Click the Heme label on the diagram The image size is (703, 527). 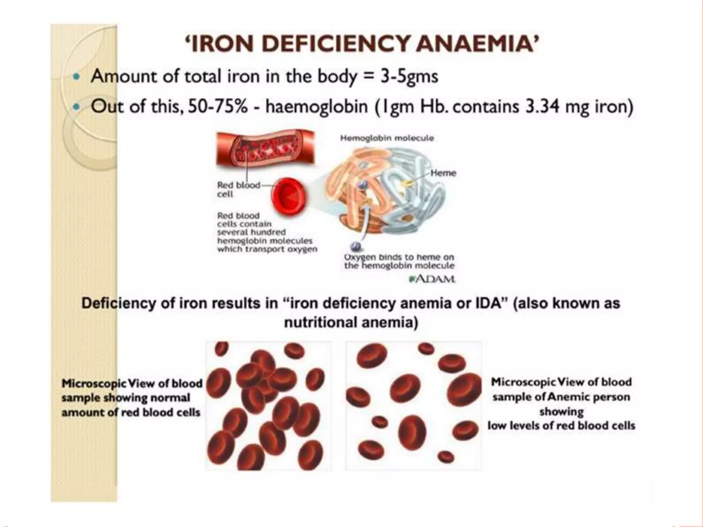(x=443, y=173)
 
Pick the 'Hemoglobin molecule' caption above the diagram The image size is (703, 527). (x=387, y=138)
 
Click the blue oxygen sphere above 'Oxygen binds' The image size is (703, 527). (x=355, y=246)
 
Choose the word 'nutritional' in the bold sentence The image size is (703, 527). (x=316, y=323)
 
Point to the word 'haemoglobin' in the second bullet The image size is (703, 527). (x=316, y=107)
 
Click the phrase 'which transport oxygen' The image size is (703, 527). (x=267, y=249)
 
